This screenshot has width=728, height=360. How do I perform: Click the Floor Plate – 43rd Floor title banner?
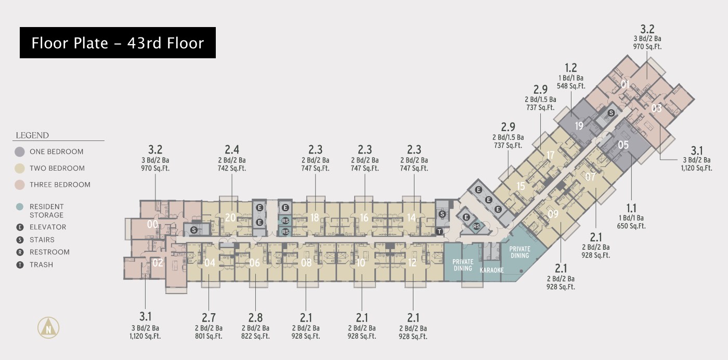point(118,43)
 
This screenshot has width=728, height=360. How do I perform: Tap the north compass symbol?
point(48,327)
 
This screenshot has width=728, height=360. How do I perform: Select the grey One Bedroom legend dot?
point(20,152)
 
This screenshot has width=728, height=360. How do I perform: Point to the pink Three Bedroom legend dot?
point(20,185)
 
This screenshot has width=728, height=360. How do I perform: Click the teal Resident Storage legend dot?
point(20,207)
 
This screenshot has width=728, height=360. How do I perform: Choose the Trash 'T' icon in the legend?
point(20,265)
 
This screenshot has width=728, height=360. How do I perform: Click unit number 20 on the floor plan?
point(230,217)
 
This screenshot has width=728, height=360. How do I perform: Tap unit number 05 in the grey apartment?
point(623,145)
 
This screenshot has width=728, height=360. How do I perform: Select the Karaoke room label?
point(492,270)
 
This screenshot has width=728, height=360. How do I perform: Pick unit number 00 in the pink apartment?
point(152,224)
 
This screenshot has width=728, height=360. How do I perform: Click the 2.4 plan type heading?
point(232,150)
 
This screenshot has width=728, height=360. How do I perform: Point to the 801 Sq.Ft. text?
point(209,336)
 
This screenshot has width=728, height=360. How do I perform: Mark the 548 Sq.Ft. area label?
point(571,86)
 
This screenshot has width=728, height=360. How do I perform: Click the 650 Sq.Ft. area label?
point(631,226)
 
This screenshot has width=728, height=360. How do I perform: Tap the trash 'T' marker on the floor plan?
point(439,232)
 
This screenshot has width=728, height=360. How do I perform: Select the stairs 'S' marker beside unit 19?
point(612,113)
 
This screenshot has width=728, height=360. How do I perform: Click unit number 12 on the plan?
point(412,262)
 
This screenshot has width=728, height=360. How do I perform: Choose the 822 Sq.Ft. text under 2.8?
point(255,336)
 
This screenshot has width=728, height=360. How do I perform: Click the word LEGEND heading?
point(32,135)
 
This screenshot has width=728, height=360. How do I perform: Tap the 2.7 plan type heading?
point(209,318)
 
